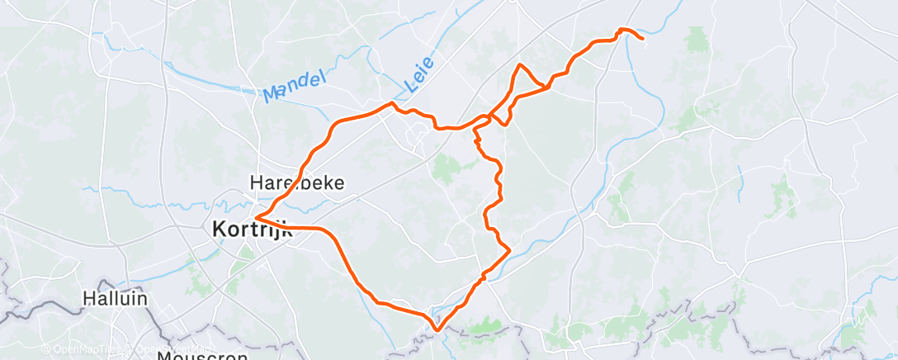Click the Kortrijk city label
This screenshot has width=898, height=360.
pos(253,230)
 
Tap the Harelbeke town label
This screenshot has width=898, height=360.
pos(296,182)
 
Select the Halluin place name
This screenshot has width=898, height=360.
pos(115,298)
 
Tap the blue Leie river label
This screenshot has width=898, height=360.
pos(421,72)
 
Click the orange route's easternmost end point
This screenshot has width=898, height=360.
pos(642,38)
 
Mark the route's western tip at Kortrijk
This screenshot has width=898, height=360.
pos(257,217)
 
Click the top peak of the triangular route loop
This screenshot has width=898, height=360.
pos(520,64)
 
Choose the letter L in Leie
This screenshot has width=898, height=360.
pos(409,84)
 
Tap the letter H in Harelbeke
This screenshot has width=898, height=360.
pos(255,182)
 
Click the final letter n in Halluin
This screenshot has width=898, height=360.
pos(143,298)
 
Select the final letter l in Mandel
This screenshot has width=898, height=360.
pos(324,77)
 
